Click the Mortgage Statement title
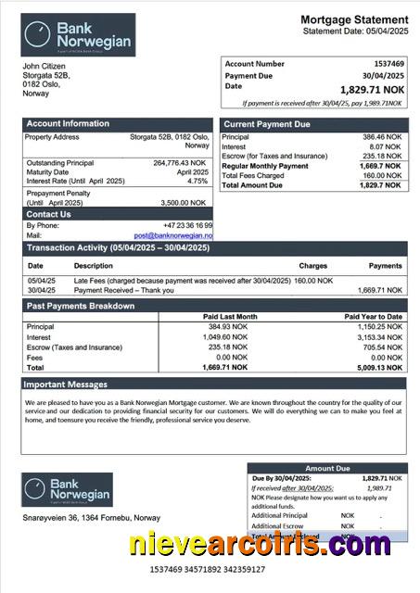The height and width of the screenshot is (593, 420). (x=354, y=19)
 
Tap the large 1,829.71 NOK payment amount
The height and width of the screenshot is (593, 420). (x=371, y=88)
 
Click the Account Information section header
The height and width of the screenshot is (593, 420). (x=68, y=123)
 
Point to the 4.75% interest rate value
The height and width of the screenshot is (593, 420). (x=197, y=181)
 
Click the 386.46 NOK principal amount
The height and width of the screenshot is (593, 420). (x=381, y=136)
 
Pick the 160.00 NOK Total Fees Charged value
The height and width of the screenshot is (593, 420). (x=381, y=175)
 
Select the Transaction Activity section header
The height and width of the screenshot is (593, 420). (x=119, y=248)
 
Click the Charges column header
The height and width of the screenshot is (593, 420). (x=312, y=266)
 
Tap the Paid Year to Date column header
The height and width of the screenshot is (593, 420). (x=373, y=317)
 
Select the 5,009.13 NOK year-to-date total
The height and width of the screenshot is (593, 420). (x=379, y=367)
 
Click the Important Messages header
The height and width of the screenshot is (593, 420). (x=66, y=384)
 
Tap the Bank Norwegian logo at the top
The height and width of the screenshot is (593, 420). (x=79, y=35)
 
